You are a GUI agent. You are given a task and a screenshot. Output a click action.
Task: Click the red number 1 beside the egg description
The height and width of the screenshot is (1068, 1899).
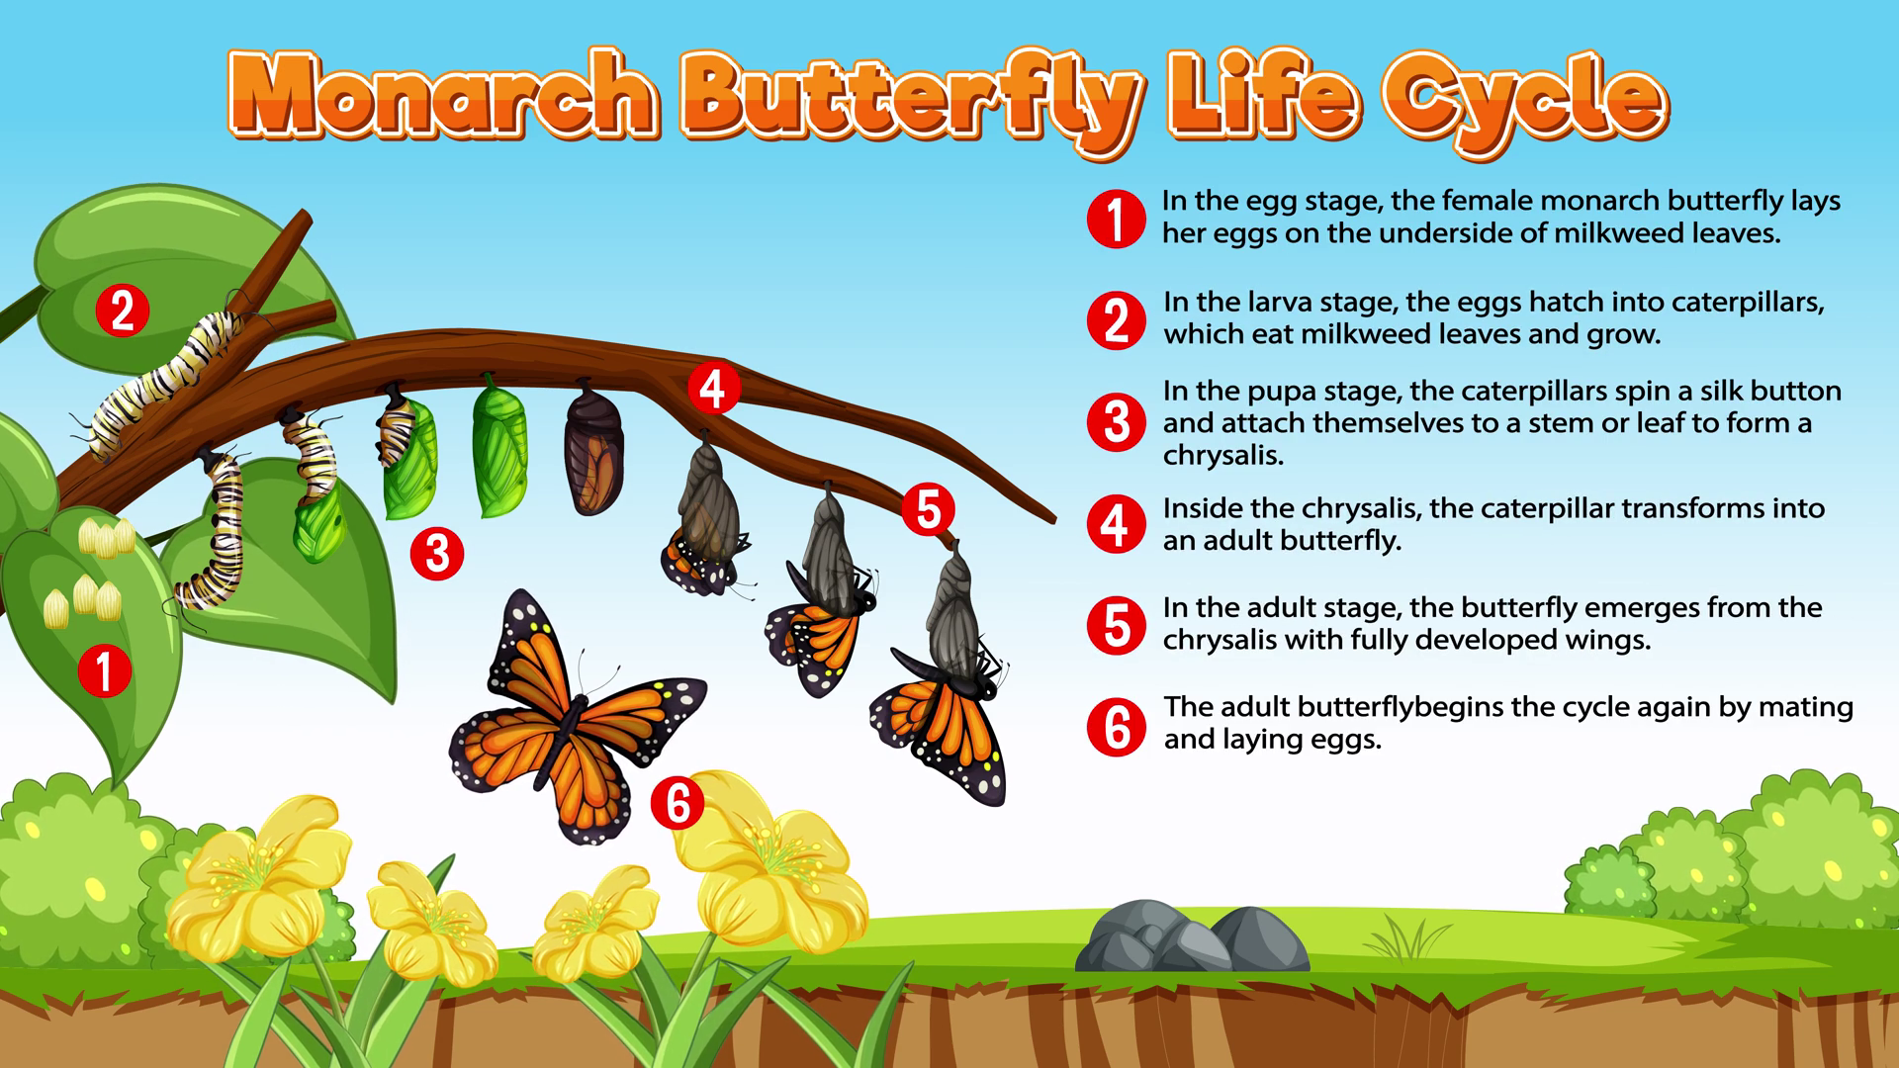click(1117, 219)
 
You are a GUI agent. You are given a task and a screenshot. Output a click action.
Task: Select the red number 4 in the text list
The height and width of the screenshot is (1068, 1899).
click(1117, 524)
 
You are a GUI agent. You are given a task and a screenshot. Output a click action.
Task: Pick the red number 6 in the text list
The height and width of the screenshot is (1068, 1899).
click(1117, 727)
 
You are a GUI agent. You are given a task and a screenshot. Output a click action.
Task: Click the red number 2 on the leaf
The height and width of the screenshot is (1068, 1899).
click(123, 311)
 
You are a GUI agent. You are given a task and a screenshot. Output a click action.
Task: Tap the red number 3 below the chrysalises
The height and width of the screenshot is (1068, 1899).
click(437, 554)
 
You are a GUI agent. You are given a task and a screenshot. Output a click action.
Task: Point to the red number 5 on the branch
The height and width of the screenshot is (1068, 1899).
click(928, 510)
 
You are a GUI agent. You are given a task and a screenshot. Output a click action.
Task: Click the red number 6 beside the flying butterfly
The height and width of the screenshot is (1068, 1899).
click(678, 802)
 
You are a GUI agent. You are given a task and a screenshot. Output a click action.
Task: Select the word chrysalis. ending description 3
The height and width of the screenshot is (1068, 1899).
click(1223, 455)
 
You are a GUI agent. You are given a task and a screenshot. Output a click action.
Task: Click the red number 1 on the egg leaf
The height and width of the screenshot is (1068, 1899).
click(105, 670)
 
